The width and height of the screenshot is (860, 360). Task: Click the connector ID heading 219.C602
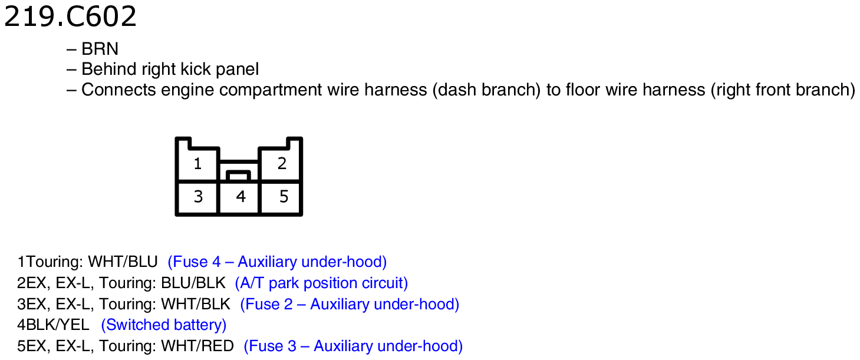tap(70, 17)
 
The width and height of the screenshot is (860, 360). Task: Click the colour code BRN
tap(100, 49)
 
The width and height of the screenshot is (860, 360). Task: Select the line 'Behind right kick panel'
tap(170, 70)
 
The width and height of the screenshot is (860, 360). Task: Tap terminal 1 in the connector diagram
tap(197, 164)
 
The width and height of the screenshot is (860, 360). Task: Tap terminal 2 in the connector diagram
tap(282, 164)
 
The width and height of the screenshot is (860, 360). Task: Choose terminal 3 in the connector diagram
tap(198, 197)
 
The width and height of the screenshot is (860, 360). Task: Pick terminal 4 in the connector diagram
tap(240, 197)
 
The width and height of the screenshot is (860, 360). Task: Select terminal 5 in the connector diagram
tap(284, 197)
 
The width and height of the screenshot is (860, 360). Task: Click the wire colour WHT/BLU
tap(123, 262)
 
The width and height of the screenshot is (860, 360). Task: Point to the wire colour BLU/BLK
tap(193, 283)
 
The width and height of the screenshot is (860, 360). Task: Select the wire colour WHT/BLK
tap(196, 304)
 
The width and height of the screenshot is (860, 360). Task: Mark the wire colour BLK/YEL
tap(58, 325)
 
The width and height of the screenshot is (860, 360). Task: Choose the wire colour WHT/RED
tap(197, 346)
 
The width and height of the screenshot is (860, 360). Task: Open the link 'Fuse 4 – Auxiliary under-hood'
tap(277, 262)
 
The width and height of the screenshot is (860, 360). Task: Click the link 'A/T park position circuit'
tap(321, 283)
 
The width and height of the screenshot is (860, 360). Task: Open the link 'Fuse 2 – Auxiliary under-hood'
tap(350, 304)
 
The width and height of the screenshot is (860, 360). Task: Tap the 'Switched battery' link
tap(163, 325)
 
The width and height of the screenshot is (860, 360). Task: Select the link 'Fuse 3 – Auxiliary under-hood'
tap(353, 346)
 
